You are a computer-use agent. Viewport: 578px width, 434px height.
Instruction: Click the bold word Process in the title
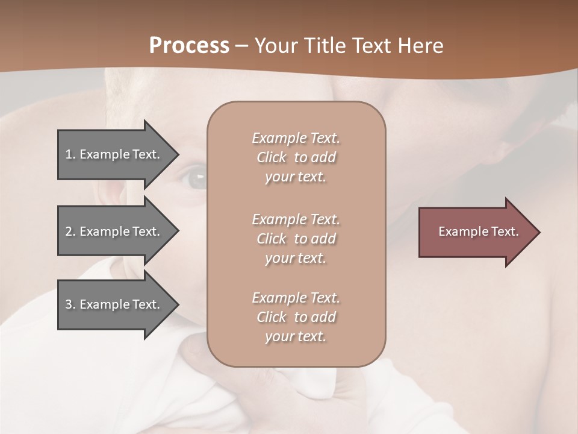[x=189, y=46]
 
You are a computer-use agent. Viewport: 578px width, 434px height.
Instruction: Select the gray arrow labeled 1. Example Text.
[x=114, y=154]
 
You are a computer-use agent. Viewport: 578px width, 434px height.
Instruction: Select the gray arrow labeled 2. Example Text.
[x=114, y=231]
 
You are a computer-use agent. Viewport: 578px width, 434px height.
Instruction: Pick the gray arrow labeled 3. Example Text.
[x=114, y=304]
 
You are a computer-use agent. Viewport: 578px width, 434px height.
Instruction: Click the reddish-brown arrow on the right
[x=476, y=232]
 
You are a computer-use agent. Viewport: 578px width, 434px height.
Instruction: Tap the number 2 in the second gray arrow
[x=69, y=231]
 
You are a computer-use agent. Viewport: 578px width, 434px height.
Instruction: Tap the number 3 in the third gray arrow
[x=69, y=304]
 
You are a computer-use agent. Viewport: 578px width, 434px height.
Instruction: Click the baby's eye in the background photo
[x=194, y=178]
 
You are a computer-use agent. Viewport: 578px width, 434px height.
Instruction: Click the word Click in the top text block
[x=272, y=158]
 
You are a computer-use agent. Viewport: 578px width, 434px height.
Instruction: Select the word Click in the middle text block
[x=272, y=239]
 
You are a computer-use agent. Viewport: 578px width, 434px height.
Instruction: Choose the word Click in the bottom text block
[x=272, y=318]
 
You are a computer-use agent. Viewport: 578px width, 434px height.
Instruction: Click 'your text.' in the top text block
[x=296, y=177]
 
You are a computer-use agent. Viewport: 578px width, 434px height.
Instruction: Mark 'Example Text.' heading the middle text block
[x=296, y=219]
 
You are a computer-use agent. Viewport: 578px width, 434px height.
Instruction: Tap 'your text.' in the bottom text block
[x=296, y=337]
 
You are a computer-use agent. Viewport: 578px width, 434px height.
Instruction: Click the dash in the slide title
[x=242, y=46]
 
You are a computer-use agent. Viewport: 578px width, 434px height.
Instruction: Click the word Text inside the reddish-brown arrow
[x=505, y=231]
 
